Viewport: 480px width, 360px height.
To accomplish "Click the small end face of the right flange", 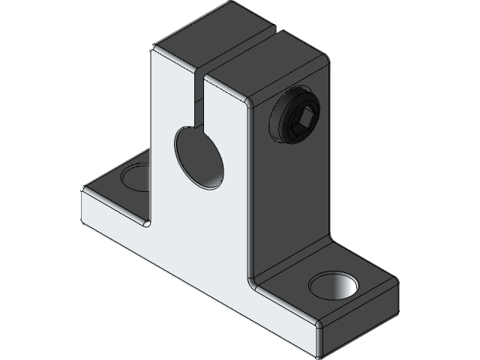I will coord(358,319).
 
